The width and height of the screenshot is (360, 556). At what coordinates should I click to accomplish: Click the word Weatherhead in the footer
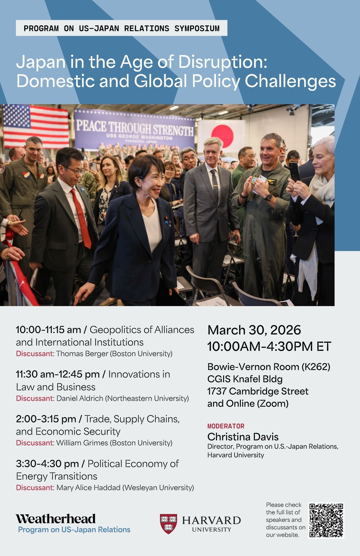[x=56, y=519]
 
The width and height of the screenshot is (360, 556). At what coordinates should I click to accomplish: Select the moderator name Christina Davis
[x=243, y=437]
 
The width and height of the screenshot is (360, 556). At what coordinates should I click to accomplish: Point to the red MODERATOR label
[x=226, y=426]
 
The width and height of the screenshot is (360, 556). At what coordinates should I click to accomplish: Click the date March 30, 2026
[x=254, y=330]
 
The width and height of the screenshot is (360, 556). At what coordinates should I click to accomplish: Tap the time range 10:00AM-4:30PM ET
[x=269, y=346]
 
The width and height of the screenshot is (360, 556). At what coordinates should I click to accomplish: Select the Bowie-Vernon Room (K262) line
[x=269, y=367]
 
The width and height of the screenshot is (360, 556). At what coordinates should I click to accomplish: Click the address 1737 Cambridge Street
[x=258, y=391]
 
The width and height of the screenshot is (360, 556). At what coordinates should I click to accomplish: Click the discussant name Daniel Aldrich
[x=80, y=398]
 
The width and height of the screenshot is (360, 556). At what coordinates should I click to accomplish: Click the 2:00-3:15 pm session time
[x=46, y=419]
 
